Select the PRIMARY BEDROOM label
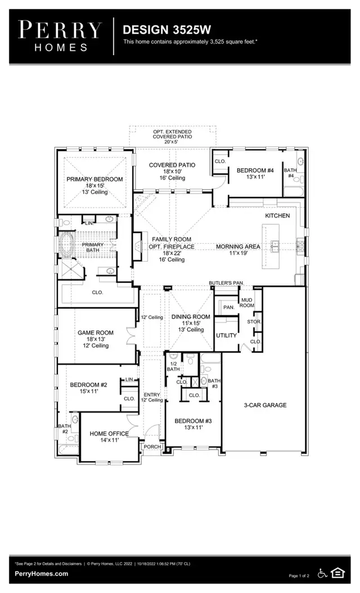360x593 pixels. pyautogui.click(x=94, y=179)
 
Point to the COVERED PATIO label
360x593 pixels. pyautogui.click(x=172, y=165)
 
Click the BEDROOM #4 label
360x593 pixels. pyautogui.click(x=255, y=170)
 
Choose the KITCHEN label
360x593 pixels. pyautogui.click(x=278, y=216)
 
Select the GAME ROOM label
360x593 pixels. pyautogui.click(x=95, y=333)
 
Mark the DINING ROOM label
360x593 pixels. pyautogui.click(x=191, y=317)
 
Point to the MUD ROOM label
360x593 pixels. pyautogui.click(x=247, y=303)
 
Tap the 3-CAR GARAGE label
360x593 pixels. pyautogui.click(x=265, y=405)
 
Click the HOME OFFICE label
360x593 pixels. pyautogui.click(x=109, y=434)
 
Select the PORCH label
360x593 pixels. pyautogui.click(x=152, y=447)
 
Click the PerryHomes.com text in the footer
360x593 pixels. pyautogui.click(x=41, y=574)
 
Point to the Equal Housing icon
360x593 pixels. pyautogui.click(x=337, y=573)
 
